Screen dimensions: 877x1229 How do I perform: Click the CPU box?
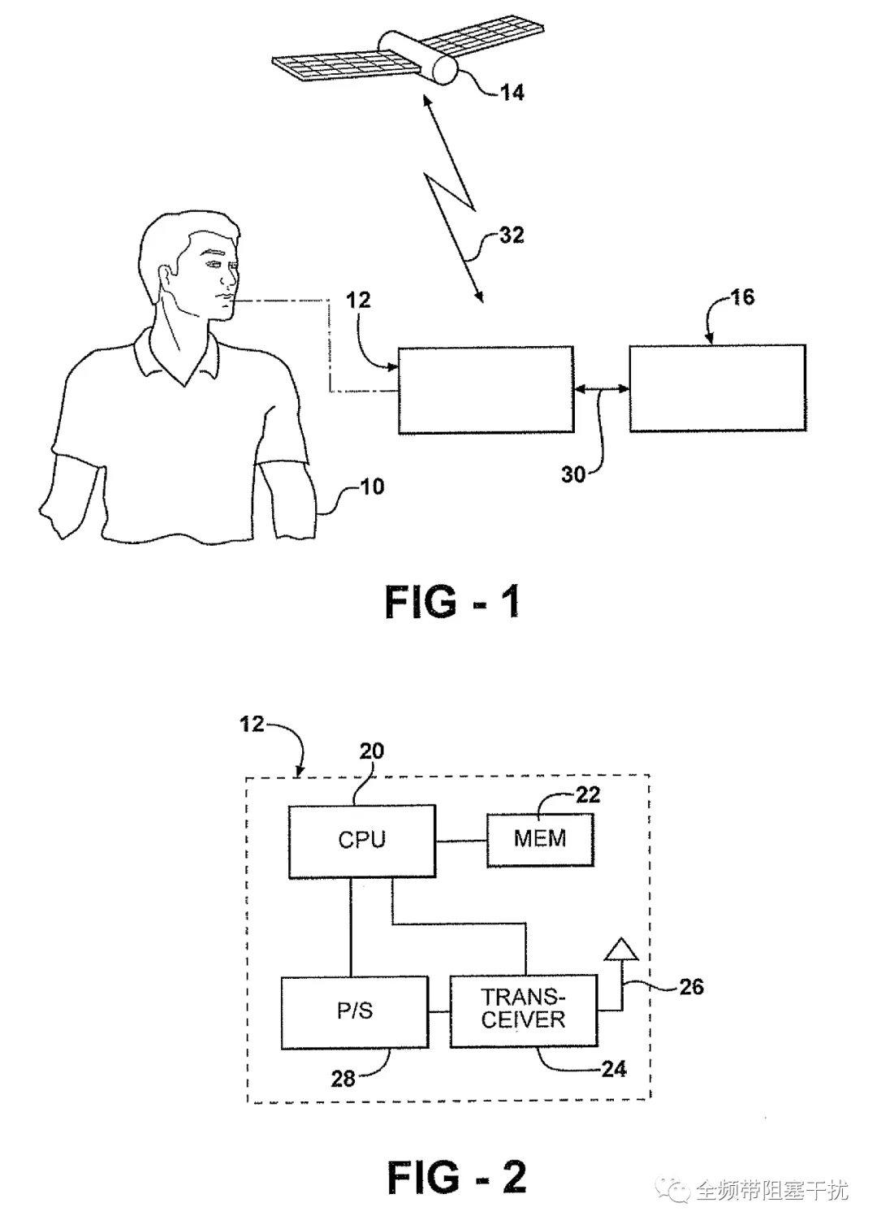pyautogui.click(x=362, y=841)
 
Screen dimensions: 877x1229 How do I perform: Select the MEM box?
pyautogui.click(x=540, y=839)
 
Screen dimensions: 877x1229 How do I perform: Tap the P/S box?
pyautogui.click(x=355, y=1012)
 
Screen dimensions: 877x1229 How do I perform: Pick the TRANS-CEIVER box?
pyautogui.click(x=523, y=1010)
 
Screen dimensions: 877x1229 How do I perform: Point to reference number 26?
pyautogui.click(x=691, y=987)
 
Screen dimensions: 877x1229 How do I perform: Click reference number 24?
pyautogui.click(x=613, y=1068)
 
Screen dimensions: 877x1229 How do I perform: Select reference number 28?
pyautogui.click(x=343, y=1079)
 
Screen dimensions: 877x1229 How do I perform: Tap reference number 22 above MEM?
pyautogui.click(x=588, y=794)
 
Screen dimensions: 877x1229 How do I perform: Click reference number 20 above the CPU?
pyautogui.click(x=371, y=751)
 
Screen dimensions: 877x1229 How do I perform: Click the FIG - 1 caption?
pyautogui.click(x=452, y=602)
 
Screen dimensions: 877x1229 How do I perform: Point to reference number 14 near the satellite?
pyautogui.click(x=512, y=92)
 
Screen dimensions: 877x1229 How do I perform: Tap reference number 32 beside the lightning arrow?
pyautogui.click(x=512, y=235)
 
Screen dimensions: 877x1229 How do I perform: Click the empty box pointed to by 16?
pyautogui.click(x=717, y=388)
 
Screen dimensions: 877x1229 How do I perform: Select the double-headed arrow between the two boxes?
pyautogui.click(x=601, y=388)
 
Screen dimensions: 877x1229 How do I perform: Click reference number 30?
pyautogui.click(x=573, y=474)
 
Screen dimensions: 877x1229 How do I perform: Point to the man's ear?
pyautogui.click(x=163, y=278)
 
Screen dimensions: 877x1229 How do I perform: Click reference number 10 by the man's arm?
pyautogui.click(x=372, y=487)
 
